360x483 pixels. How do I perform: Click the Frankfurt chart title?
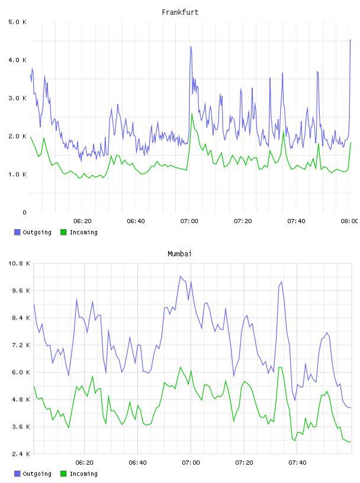180,12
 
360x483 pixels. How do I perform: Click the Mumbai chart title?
179,254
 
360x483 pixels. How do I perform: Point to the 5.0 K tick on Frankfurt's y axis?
18,22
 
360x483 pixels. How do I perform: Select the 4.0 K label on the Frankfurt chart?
18,60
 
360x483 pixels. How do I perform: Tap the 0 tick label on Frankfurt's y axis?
24,212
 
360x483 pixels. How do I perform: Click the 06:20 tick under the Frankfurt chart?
82,221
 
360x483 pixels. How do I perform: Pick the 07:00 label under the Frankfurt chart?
189,221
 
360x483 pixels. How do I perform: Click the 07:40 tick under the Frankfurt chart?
296,221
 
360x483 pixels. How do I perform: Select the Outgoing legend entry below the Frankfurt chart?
33,232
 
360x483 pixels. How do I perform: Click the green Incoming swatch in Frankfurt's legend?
63,232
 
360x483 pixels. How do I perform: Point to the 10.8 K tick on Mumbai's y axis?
19,263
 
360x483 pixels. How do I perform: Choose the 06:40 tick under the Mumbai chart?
137,463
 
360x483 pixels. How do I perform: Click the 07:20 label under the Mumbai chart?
244,463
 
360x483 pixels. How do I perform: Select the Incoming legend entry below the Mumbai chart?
79,474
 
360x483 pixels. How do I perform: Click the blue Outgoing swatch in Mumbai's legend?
17,474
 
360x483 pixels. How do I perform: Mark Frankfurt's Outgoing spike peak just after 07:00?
191,47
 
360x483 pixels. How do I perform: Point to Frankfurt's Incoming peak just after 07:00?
192,114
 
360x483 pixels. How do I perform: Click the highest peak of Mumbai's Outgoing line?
181,276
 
